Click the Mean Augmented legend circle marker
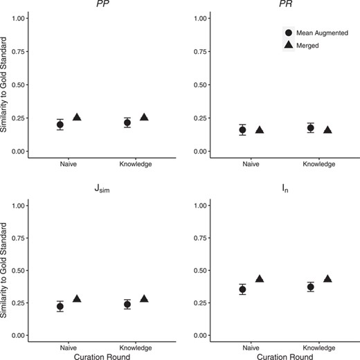288,32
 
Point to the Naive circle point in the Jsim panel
60,306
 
